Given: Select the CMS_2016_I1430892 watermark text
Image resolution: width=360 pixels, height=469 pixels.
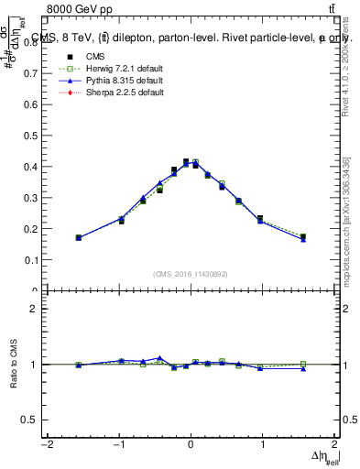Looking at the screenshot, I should click(x=191, y=274).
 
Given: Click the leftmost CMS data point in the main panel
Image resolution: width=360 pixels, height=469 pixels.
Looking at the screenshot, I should click(x=79, y=237).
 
